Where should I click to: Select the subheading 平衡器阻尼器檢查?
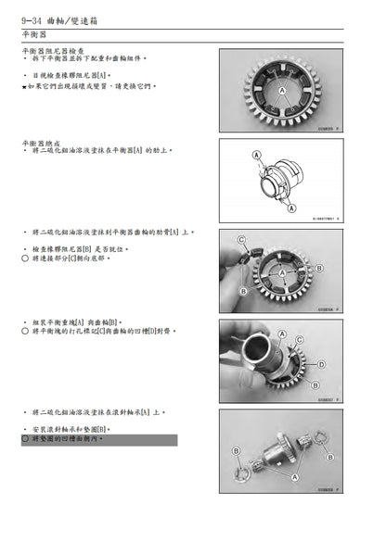[x=55, y=52]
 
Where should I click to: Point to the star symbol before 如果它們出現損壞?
[x=22, y=84]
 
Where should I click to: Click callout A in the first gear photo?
[x=281, y=92]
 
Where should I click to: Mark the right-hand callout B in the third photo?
[x=318, y=268]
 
